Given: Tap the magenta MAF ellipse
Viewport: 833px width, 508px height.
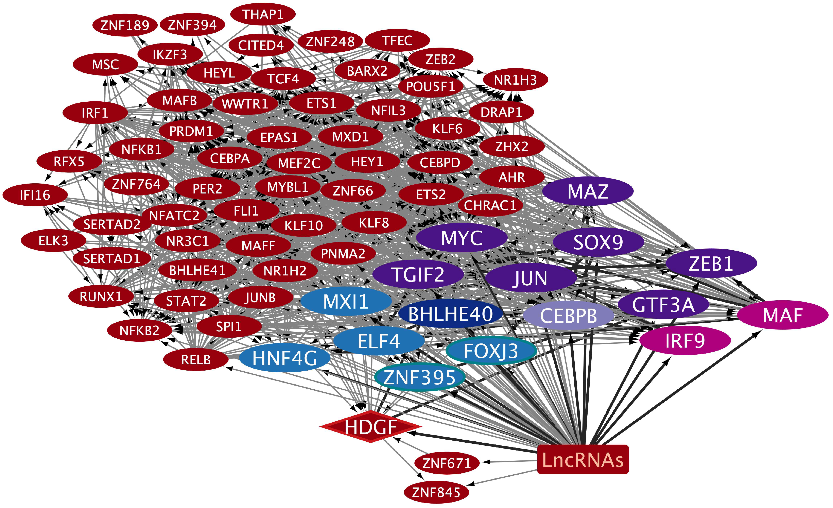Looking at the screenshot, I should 782,315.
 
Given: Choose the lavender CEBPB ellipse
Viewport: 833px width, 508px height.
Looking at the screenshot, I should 568,316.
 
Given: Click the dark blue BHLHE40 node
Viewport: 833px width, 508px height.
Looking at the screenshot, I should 450,314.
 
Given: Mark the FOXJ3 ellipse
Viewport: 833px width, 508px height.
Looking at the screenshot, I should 491,350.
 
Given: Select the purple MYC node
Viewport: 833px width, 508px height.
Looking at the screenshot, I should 462,238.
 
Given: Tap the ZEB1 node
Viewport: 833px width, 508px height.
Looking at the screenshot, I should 711,263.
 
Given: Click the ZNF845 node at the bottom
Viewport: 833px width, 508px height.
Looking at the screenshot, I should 436,492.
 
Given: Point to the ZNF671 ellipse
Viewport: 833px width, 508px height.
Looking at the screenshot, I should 447,463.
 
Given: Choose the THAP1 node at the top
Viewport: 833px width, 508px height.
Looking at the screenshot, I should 263,14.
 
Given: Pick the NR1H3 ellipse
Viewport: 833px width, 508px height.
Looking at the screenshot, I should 515,80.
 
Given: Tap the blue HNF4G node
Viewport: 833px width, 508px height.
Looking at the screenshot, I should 284,358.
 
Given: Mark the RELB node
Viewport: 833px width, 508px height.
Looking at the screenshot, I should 196,359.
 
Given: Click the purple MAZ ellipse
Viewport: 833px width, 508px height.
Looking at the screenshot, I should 588,191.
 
